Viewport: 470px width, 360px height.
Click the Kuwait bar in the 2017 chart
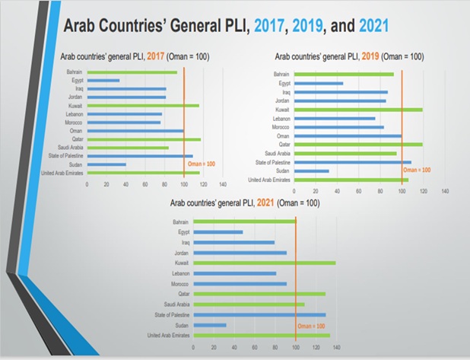[143, 106]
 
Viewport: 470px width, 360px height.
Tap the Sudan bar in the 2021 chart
[210, 325]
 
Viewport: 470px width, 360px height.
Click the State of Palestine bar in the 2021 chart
[259, 314]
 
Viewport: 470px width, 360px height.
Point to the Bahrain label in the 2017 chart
[74, 73]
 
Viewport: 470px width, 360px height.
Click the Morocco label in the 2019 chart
[281, 126]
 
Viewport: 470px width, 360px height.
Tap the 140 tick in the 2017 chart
[222, 185]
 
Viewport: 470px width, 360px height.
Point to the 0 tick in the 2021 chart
[194, 347]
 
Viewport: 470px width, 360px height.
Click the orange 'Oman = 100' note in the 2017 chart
[202, 164]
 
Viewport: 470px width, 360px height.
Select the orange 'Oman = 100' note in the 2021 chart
[312, 326]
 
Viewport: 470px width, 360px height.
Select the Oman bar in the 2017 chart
[135, 131]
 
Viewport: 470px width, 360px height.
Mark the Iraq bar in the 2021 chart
[234, 242]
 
